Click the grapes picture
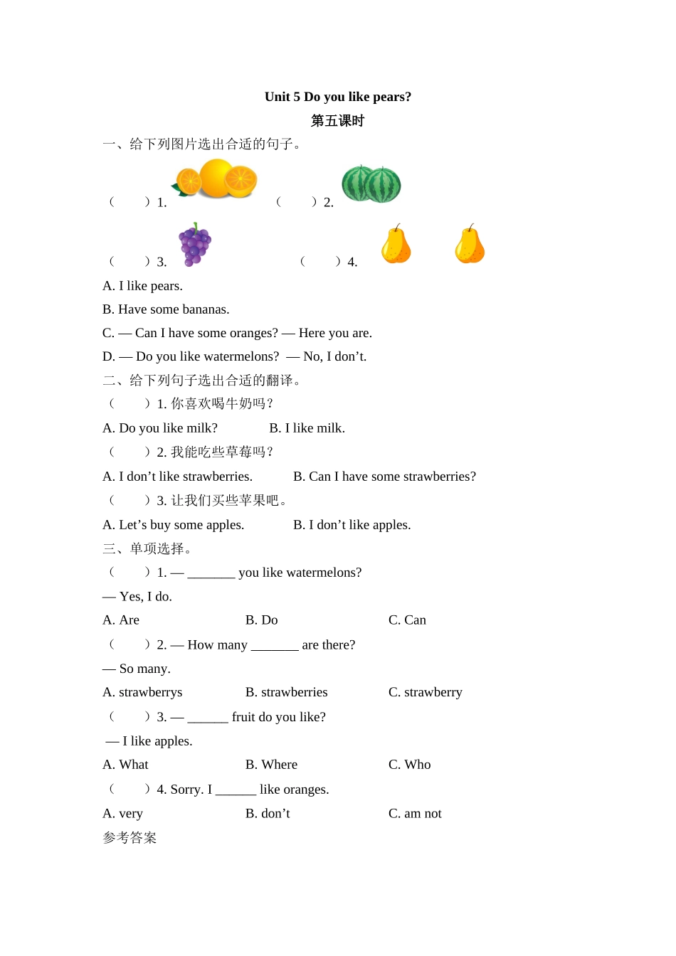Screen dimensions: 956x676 point(195,245)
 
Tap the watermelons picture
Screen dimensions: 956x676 point(371,184)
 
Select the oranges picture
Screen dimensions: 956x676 point(217,179)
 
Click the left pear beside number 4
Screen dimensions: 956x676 point(396,245)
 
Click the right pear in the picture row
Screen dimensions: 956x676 point(470,245)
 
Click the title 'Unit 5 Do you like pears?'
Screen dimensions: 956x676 point(338,97)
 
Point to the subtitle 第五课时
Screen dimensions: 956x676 point(338,121)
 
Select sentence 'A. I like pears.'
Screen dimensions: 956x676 point(142,286)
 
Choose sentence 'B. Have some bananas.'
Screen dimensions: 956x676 point(166,309)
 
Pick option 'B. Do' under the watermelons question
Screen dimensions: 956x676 point(261,620)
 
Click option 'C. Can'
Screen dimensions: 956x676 point(407,620)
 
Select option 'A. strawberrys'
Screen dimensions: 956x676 point(142,692)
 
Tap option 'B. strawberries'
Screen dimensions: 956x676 point(286,692)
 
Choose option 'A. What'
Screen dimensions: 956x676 point(125,765)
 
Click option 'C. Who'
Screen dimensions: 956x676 point(409,765)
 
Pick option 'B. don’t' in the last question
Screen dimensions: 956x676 point(268,814)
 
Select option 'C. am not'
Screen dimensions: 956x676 point(415,814)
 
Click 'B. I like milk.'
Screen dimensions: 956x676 point(307,428)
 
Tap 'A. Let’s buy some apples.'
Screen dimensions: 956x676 point(173,525)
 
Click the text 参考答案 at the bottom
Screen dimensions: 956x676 point(130,838)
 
